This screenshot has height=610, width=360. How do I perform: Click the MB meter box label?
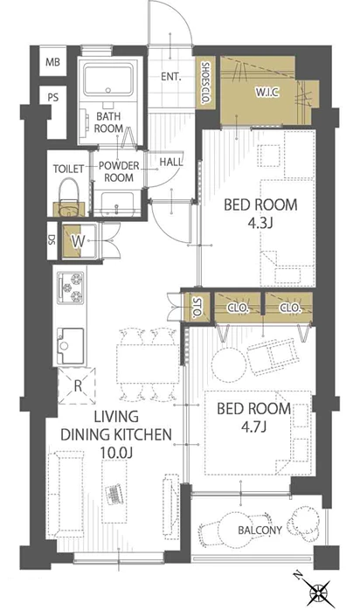[x=53, y=62]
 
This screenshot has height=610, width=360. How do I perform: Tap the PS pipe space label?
[x=53, y=97]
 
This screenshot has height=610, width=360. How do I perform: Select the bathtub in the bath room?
[x=108, y=80]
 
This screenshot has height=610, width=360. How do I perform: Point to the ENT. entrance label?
[x=171, y=77]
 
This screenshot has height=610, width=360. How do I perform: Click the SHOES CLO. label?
[x=205, y=83]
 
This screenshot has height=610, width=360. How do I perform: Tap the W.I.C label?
[x=267, y=93]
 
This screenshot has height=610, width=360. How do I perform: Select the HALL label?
[x=171, y=162]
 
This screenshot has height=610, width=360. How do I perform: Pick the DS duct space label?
[x=52, y=240]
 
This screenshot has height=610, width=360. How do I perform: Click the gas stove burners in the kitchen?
[x=71, y=288]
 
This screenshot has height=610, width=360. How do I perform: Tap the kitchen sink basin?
[x=71, y=345]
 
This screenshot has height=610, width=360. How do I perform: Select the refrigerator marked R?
[x=78, y=386]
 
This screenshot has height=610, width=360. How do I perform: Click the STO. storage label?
[x=197, y=308]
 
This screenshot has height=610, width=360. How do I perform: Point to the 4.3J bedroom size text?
[x=260, y=224]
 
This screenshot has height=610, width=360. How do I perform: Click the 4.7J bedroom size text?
[x=253, y=427]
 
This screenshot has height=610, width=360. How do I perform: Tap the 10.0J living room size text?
[x=116, y=453]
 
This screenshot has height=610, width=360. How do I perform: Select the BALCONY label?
[x=260, y=530]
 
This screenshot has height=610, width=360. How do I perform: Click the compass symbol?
[x=319, y=593]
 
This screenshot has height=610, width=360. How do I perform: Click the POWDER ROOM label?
[x=119, y=171]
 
